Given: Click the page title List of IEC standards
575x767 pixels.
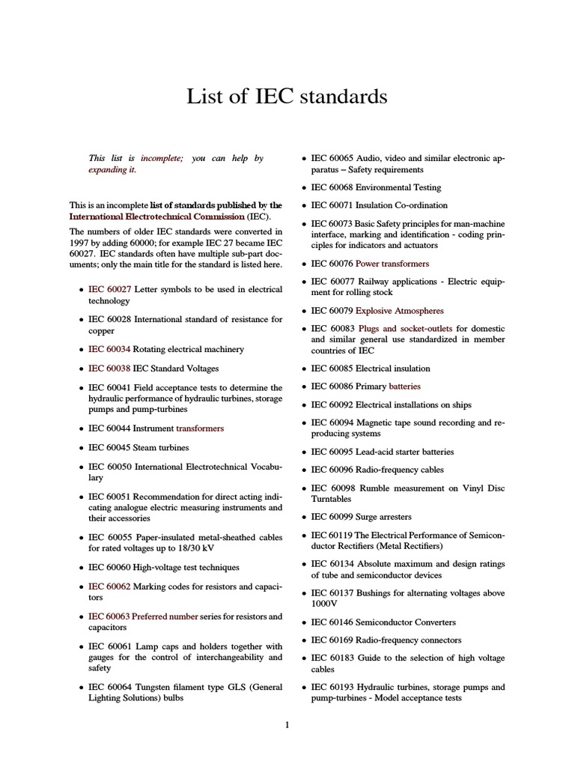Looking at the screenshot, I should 287,97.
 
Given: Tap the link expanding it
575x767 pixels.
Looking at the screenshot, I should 112,170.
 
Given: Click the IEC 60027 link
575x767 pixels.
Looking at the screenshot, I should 109,289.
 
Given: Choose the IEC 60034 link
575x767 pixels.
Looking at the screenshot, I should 109,349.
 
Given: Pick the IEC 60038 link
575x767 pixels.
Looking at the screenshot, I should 109,369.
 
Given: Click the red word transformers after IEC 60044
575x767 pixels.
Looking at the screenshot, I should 199,428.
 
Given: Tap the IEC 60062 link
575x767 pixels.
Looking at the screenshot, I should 109,586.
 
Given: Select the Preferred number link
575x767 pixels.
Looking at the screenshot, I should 165,616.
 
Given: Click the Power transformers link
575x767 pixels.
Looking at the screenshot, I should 392,264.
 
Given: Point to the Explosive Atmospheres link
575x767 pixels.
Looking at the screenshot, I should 399,310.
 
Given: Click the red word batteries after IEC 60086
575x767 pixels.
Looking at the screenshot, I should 404,386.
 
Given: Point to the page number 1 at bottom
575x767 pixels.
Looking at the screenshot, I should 287,724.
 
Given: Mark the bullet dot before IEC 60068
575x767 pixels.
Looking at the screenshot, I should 304,188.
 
